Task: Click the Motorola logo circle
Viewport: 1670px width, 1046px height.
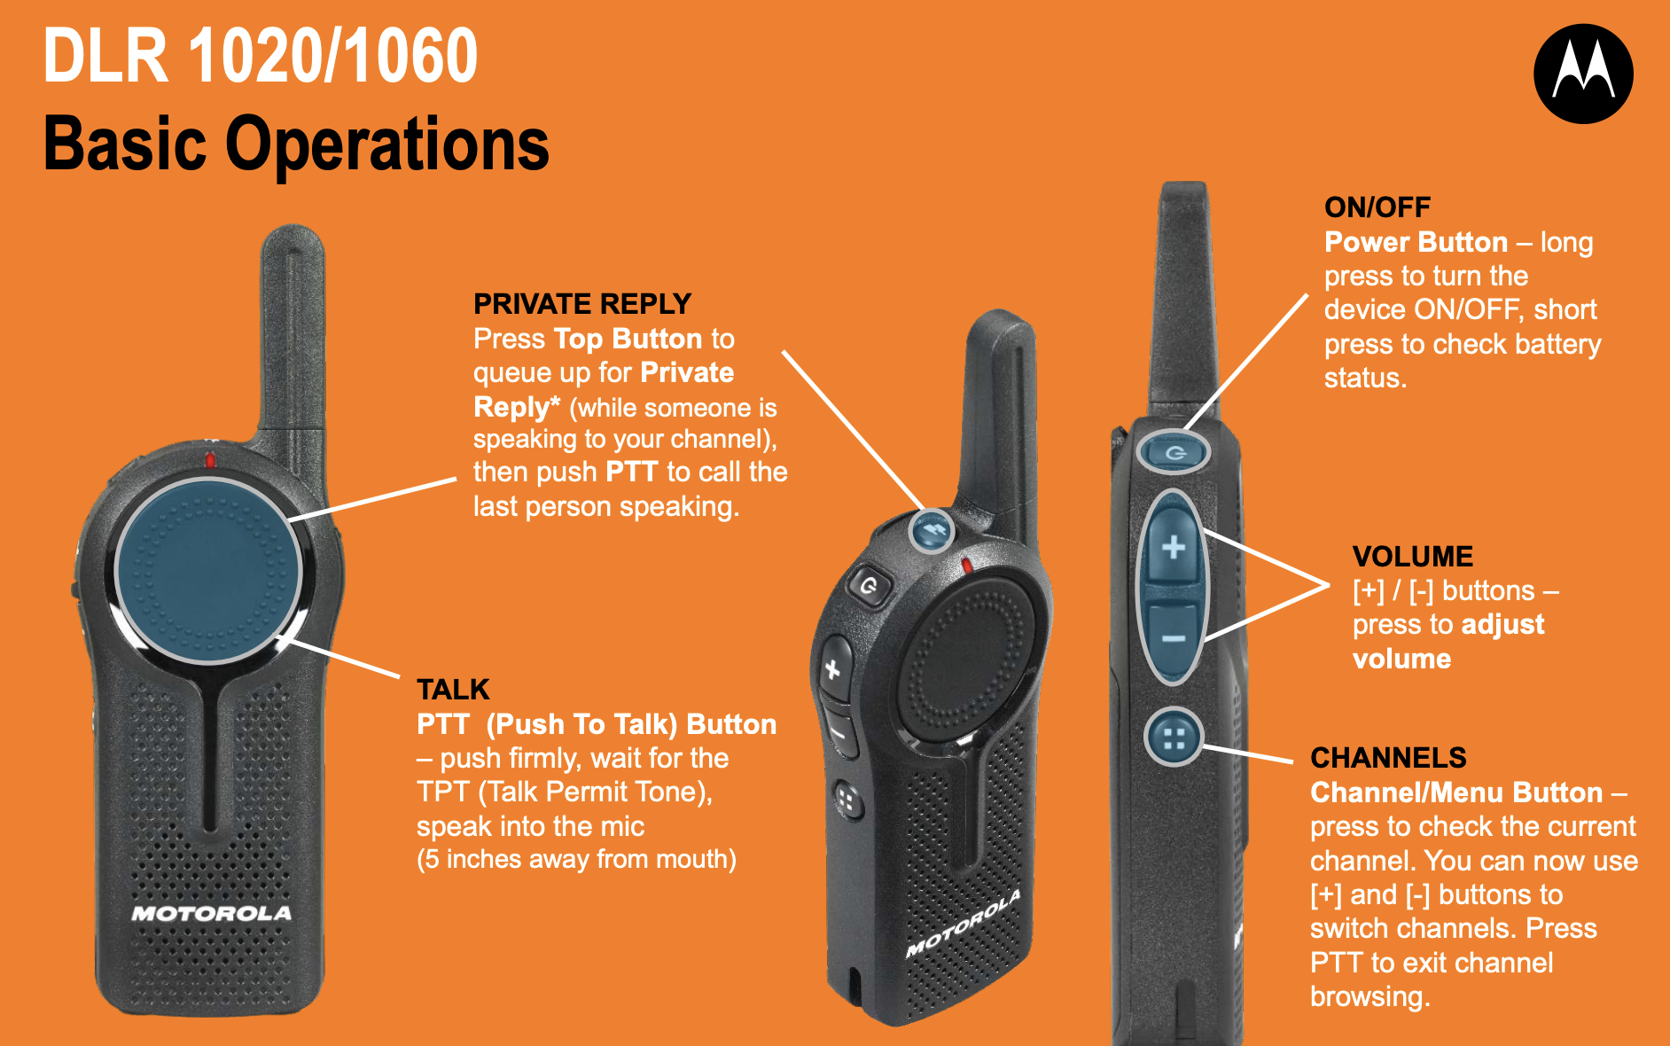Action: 1583,74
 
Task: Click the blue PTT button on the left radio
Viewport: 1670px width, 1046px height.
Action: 208,570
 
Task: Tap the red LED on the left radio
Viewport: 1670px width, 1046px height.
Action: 210,459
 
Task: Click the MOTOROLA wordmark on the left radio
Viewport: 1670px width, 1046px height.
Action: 211,913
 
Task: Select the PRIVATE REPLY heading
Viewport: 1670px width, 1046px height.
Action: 581,304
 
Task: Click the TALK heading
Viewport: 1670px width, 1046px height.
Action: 453,690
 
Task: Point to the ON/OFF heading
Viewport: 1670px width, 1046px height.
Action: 1377,207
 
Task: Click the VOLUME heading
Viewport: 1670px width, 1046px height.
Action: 1412,557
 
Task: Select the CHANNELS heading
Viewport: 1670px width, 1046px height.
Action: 1388,758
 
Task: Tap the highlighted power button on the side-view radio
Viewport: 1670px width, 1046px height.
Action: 1174,453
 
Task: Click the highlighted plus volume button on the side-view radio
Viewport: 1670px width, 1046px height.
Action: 1173,547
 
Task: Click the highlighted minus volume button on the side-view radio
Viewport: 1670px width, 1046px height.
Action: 1173,637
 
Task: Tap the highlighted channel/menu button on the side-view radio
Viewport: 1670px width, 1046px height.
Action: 1174,738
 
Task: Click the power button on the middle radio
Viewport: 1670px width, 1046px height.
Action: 869,586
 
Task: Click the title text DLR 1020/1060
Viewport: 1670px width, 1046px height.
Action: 260,56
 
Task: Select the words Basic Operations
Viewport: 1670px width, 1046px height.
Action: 296,144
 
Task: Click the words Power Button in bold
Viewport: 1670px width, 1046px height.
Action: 1416,242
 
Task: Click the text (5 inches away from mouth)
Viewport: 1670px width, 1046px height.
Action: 576,859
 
